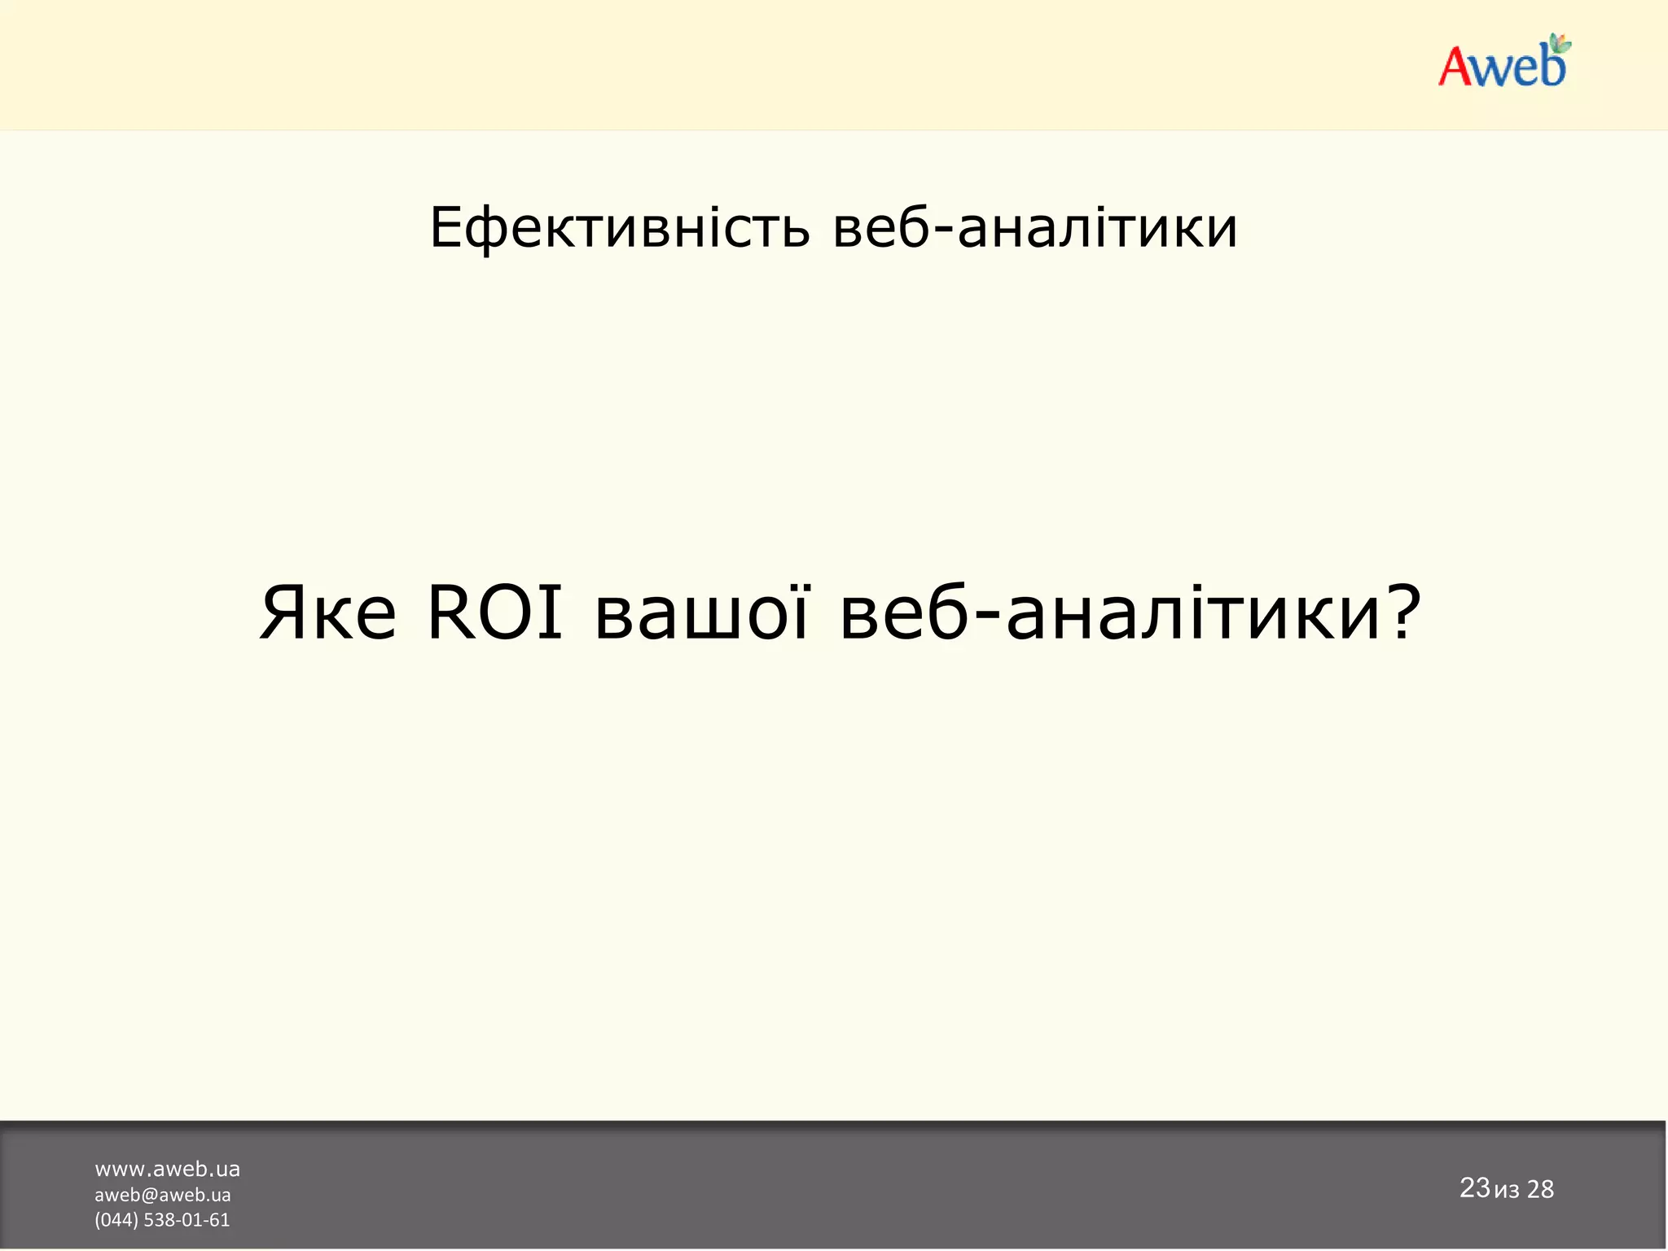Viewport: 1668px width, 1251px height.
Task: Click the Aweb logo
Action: (1503, 64)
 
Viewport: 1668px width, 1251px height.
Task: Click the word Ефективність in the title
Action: (620, 228)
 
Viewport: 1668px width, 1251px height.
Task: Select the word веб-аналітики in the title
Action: (1035, 228)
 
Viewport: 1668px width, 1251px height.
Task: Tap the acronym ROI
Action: (495, 612)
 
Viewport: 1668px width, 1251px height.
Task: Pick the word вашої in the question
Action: (702, 612)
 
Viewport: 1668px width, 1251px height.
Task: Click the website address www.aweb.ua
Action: (167, 1170)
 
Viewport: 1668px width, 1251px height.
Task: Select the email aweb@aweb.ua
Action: (163, 1195)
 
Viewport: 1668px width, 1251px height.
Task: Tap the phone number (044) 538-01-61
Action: (162, 1219)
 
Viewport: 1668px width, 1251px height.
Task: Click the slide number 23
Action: (1474, 1187)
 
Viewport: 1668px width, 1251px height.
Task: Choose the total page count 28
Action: (1540, 1190)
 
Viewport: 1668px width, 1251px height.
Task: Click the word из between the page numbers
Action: (1507, 1192)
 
